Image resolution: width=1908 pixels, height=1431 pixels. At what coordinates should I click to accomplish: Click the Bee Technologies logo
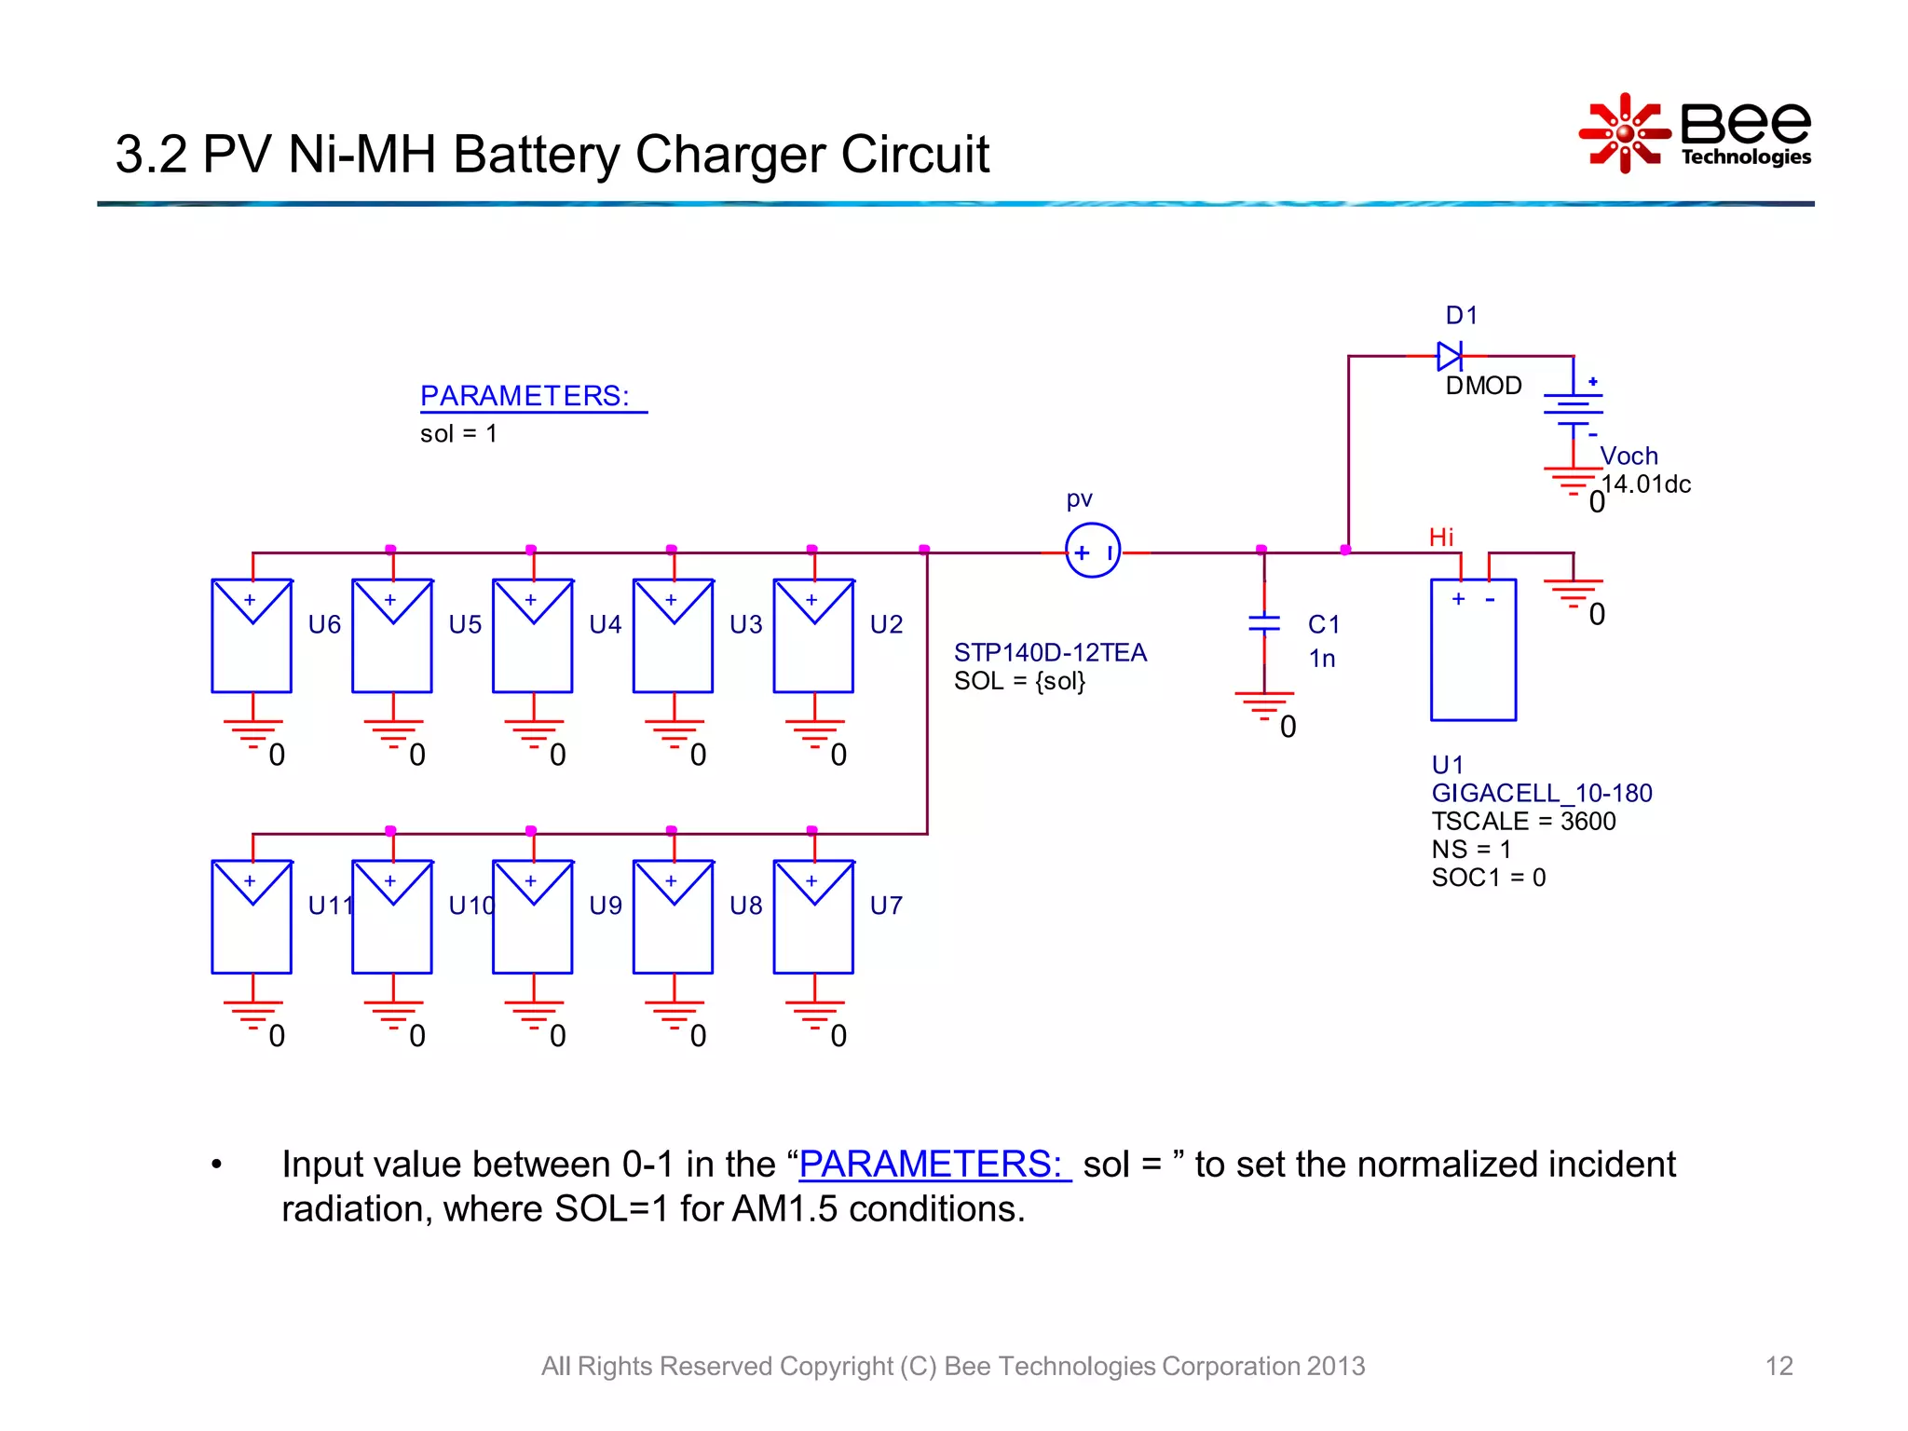tap(1696, 133)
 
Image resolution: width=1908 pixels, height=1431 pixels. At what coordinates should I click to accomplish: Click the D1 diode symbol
tap(1450, 356)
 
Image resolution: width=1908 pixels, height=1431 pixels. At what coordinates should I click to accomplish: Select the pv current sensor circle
tap(1092, 551)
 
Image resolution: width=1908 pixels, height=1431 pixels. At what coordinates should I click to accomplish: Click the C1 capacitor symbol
tap(1264, 623)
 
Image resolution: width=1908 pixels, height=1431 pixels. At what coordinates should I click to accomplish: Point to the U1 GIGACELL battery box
tap(1473, 649)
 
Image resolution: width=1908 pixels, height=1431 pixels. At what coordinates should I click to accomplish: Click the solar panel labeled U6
tap(252, 635)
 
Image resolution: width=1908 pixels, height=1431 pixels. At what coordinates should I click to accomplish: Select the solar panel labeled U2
tap(813, 635)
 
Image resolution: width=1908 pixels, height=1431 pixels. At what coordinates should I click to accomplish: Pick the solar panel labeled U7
tap(813, 917)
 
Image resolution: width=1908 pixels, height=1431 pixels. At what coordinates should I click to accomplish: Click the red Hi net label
tap(1440, 538)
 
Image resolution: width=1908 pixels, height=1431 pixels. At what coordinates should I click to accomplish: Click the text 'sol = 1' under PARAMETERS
tap(458, 434)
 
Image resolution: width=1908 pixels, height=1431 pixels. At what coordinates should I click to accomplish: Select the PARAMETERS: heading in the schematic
tap(525, 396)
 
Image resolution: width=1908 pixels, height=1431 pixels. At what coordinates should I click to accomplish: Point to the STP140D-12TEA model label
tap(1050, 652)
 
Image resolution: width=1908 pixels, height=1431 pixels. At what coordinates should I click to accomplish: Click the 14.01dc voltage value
tap(1646, 484)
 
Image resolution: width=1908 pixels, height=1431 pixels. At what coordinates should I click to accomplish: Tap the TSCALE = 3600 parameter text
tap(1523, 822)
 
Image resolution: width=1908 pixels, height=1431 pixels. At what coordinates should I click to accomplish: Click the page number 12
tap(1779, 1366)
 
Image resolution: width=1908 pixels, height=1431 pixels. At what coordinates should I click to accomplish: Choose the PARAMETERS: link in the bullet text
tap(933, 1165)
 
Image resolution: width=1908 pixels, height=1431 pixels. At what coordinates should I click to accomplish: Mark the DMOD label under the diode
tap(1483, 386)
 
